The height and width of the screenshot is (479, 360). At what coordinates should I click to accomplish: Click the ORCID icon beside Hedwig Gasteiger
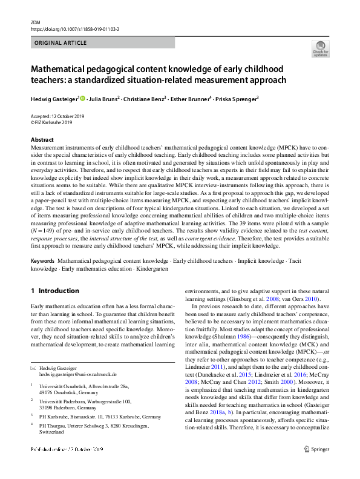[82, 97]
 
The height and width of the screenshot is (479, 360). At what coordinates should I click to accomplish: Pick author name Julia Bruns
[104, 98]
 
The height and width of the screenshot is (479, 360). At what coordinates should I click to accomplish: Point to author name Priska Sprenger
[237, 98]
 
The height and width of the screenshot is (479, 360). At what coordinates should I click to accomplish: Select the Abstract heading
[42, 140]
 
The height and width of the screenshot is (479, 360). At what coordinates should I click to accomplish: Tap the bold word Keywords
[43, 261]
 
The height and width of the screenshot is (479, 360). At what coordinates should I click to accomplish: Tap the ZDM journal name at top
[36, 22]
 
